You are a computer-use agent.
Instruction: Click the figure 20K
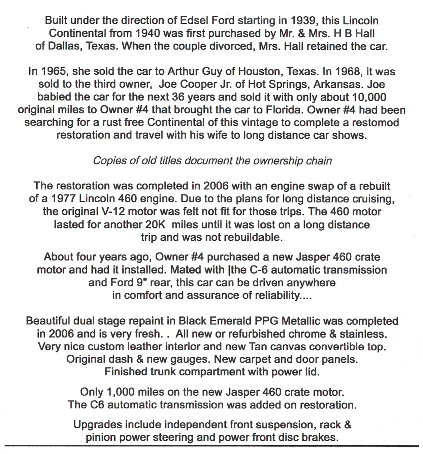(x=155, y=224)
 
